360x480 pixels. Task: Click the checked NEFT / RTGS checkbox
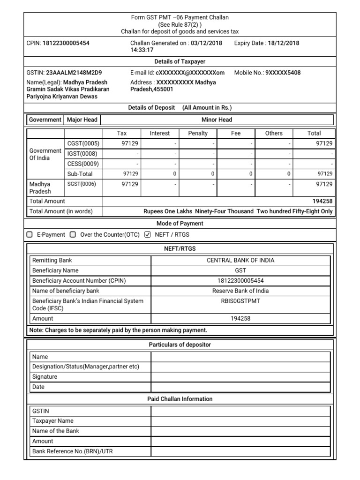[x=148, y=234]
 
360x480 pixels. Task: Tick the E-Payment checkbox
[x=30, y=234]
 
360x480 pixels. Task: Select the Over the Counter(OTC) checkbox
[x=73, y=234]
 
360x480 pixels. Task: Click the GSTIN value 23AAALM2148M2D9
[x=74, y=73]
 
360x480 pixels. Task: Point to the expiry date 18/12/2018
[x=283, y=43]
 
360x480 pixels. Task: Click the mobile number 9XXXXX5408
[x=283, y=73]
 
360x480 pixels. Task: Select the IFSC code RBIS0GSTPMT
[x=240, y=301]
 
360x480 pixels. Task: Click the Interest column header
[x=160, y=133]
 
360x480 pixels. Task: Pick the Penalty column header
[x=198, y=133]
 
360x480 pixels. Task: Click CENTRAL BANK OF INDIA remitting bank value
[x=240, y=260]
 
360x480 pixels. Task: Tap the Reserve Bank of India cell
[x=240, y=291]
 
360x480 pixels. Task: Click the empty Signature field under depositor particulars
[x=240, y=377]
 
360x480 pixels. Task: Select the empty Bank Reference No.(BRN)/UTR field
[x=240, y=451]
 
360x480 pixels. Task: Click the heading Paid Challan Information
[x=180, y=399]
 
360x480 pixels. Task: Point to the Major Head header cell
[x=82, y=120]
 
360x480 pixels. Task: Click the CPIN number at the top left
[x=66, y=43]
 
